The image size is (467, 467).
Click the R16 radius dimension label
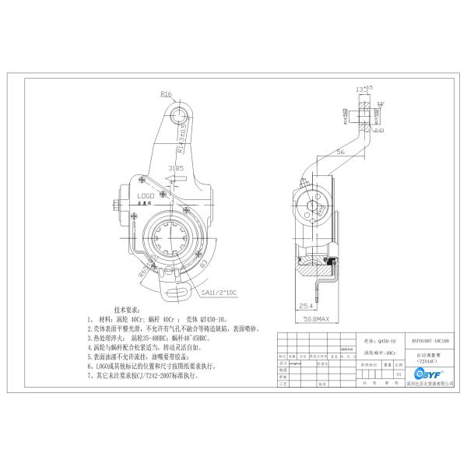coord(166,94)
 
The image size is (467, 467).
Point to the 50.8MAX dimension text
coord(315,318)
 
